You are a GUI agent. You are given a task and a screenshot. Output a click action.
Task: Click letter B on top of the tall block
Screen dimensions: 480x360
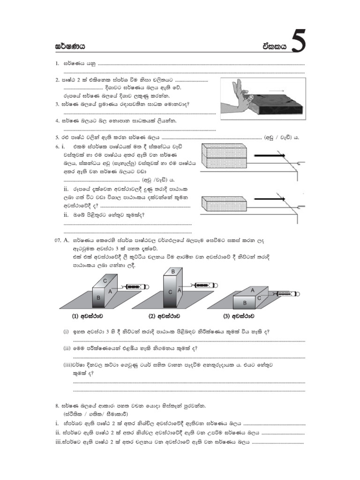tap(173, 272)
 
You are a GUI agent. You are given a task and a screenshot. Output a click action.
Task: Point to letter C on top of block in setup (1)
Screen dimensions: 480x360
tap(105, 280)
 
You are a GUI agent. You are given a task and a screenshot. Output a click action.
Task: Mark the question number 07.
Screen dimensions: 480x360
tap(57, 240)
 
